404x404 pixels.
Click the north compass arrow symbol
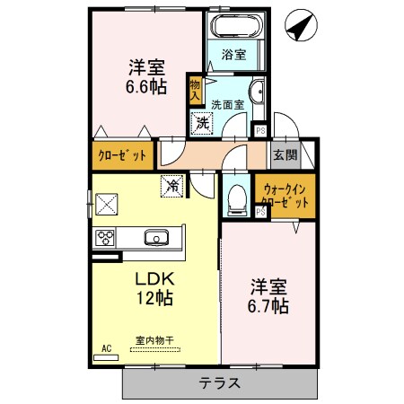301,26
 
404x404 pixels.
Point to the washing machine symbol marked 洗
203,122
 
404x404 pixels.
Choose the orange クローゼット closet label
122,156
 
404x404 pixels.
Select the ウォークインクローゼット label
285,197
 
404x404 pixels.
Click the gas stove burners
104,238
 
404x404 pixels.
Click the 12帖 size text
151,297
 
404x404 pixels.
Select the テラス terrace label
219,382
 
